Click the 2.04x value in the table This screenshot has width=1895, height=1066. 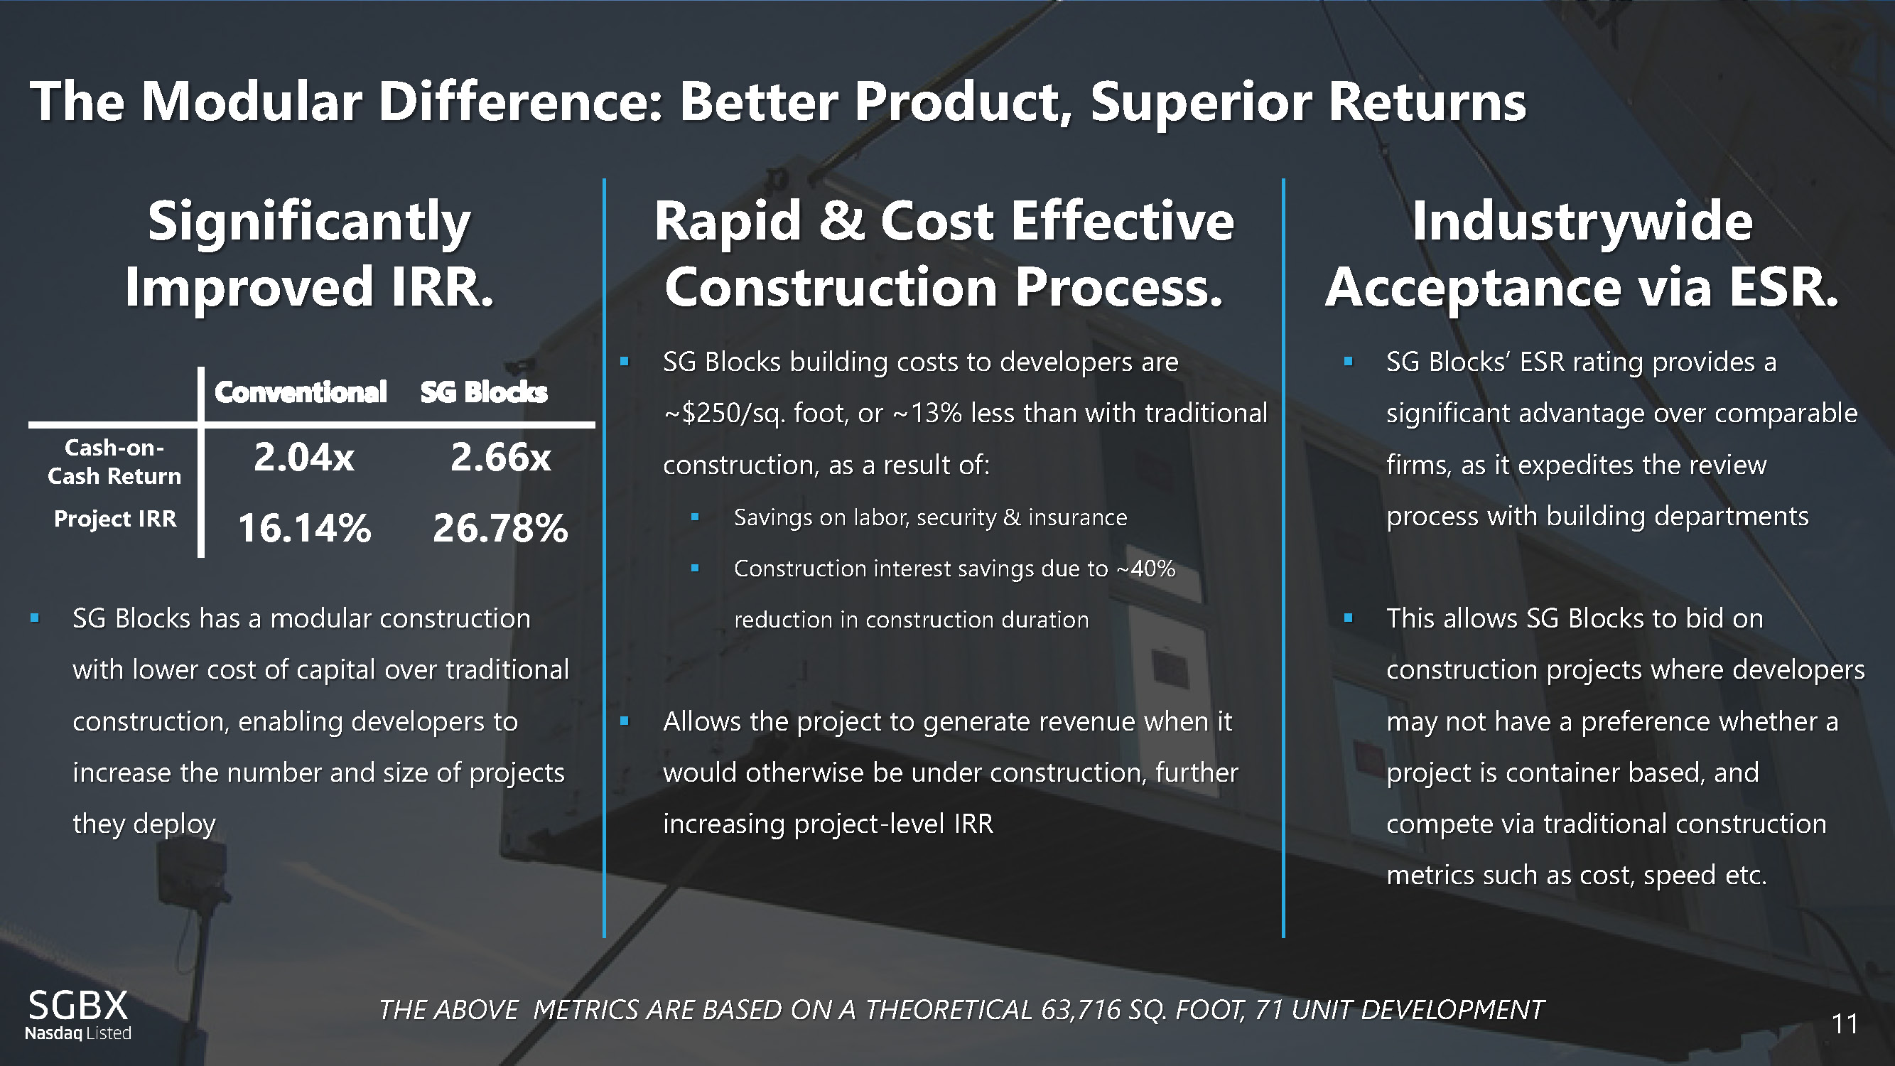pos(304,458)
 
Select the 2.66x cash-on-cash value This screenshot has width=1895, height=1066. pos(500,458)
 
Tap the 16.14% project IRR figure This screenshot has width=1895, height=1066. pos(305,528)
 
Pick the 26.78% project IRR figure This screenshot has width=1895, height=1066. pos(500,528)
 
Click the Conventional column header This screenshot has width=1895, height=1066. pos(300,392)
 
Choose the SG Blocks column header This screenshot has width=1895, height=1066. pos(484,392)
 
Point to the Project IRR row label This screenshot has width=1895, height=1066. pos(115,519)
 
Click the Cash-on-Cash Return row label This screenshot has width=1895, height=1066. pos(114,461)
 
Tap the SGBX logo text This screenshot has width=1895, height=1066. pos(78,1005)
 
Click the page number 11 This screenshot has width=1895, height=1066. pos(1845,1024)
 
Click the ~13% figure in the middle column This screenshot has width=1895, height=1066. pos(927,414)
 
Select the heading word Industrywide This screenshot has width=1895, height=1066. pos(1582,222)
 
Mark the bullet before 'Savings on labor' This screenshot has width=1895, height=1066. pos(694,517)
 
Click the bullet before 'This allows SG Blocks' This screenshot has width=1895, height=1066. pos(1348,618)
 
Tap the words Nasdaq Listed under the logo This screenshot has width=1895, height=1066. pos(78,1033)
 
